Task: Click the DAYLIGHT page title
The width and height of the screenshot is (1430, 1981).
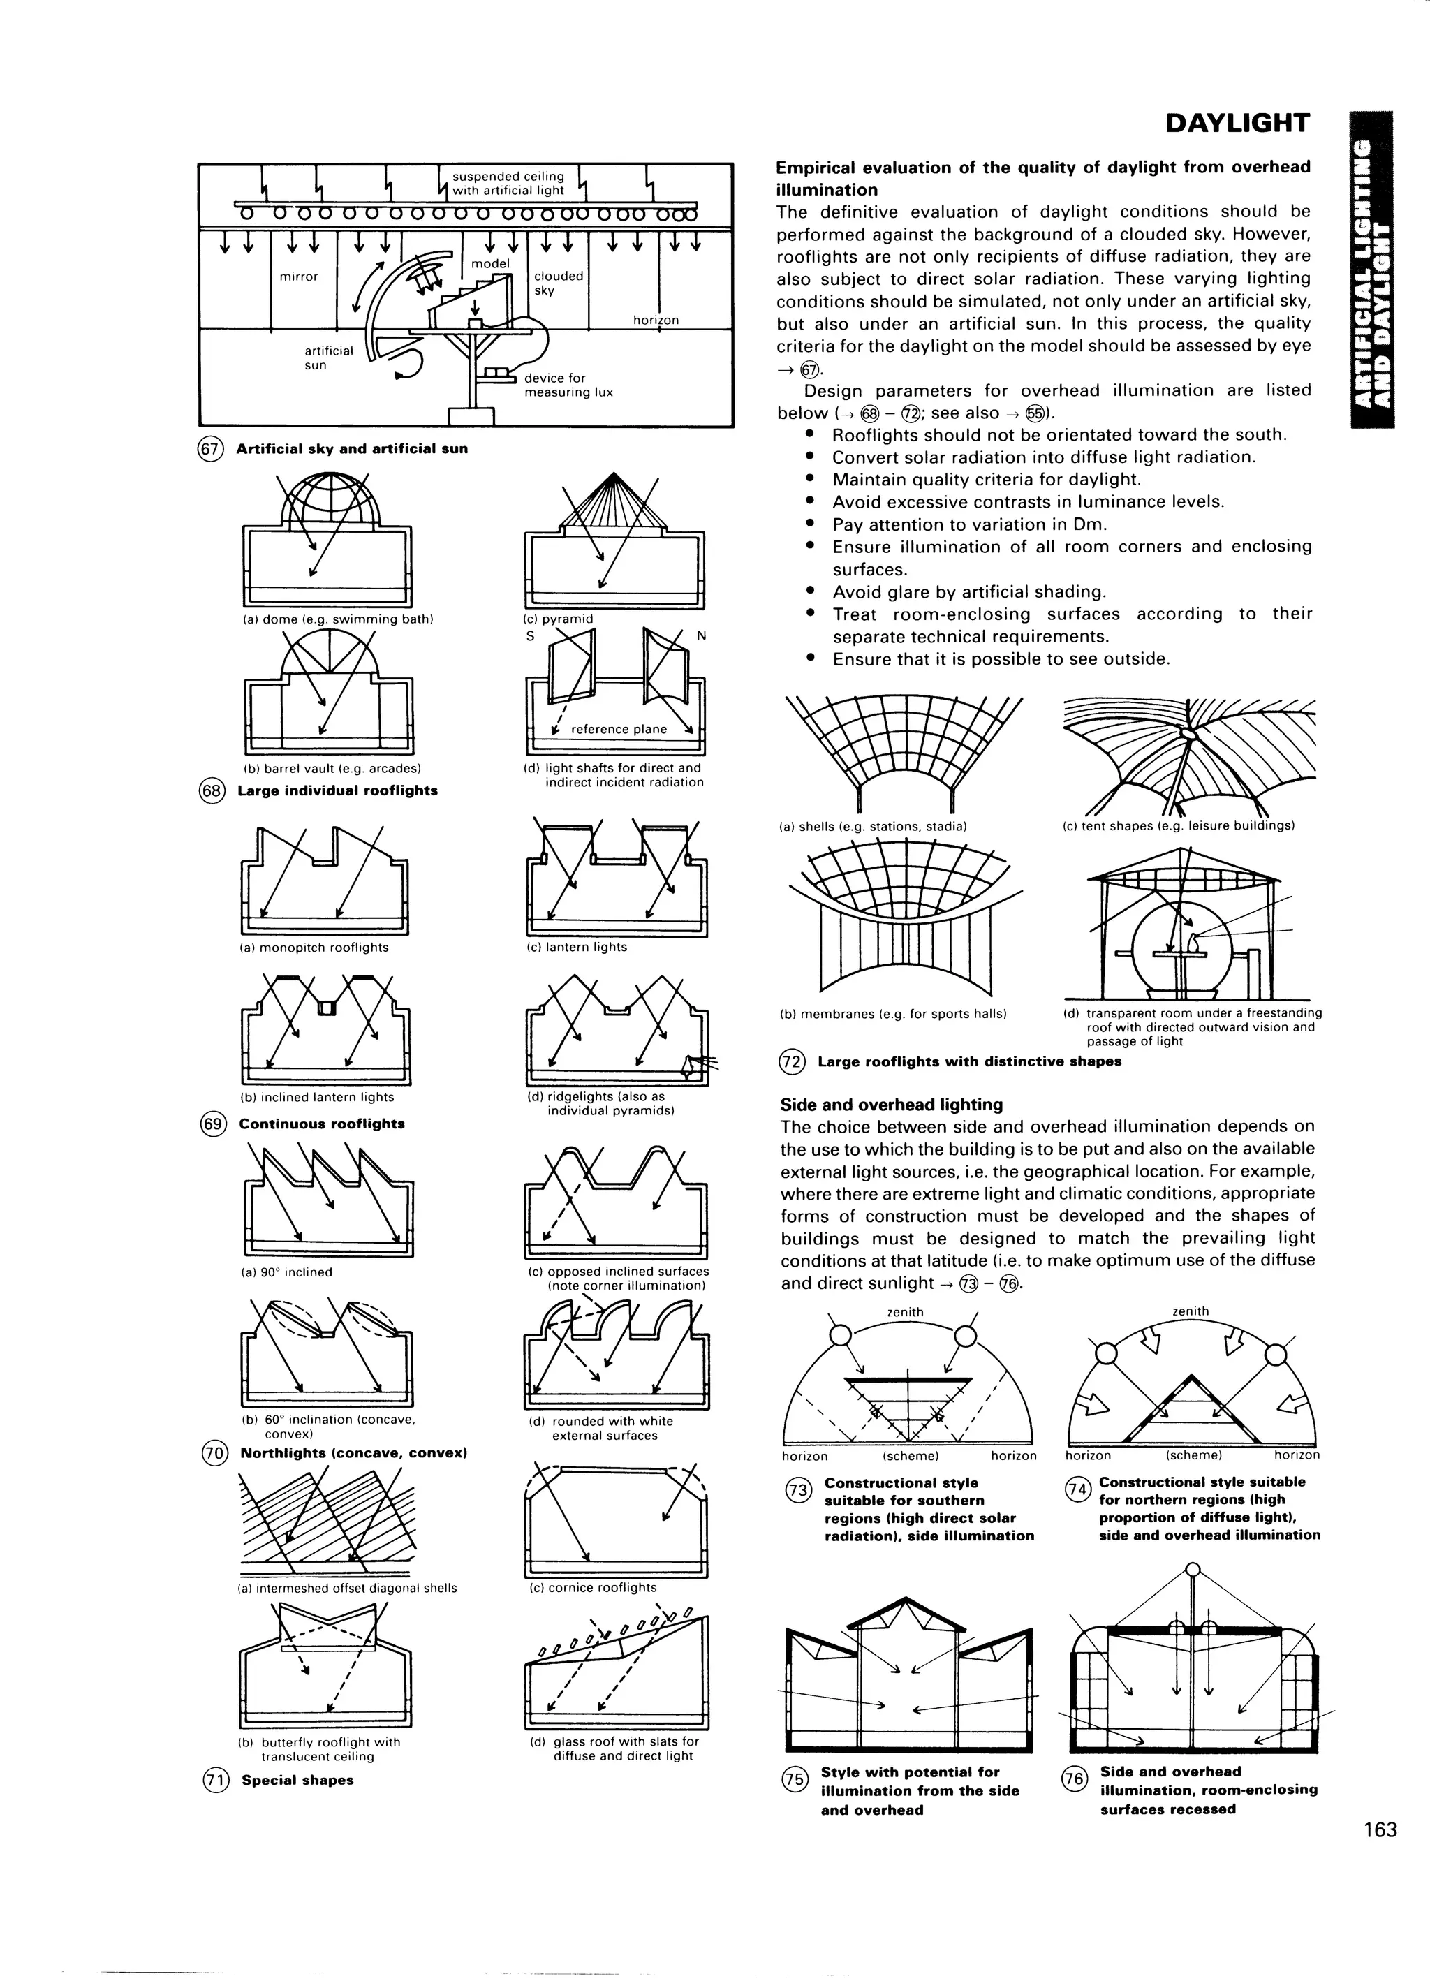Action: point(1237,123)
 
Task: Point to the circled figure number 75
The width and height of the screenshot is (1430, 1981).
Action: point(795,1780)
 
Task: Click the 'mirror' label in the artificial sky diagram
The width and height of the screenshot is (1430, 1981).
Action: point(299,277)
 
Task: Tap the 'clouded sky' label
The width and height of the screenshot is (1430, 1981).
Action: point(558,282)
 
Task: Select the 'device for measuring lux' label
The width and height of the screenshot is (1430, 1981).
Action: point(568,385)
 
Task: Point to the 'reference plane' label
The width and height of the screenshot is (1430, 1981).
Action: point(619,729)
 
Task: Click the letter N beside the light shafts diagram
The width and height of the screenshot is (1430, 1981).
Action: point(700,636)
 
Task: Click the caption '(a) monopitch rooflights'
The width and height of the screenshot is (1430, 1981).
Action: point(314,947)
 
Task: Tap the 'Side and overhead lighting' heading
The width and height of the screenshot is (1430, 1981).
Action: point(891,1104)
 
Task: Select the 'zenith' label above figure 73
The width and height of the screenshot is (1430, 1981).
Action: point(905,1312)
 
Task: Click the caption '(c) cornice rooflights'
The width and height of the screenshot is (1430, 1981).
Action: point(592,1587)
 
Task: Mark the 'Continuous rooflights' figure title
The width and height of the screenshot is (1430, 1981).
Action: point(321,1124)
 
